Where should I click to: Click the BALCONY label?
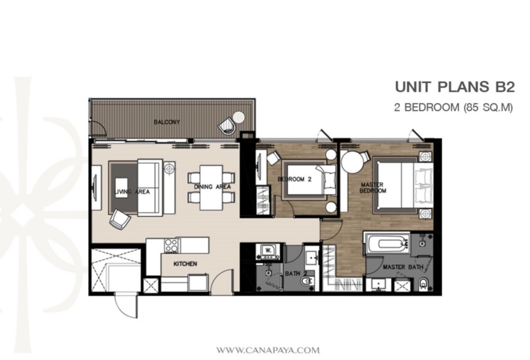[x=167, y=122]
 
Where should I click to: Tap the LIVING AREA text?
[x=131, y=192]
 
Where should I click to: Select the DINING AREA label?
[x=212, y=187]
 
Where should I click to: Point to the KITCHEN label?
[x=185, y=264]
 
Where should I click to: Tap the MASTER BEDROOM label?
[x=373, y=188]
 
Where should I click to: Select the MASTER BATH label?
[x=403, y=267]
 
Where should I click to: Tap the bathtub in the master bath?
[x=386, y=243]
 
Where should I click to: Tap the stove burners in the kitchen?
[x=171, y=245]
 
